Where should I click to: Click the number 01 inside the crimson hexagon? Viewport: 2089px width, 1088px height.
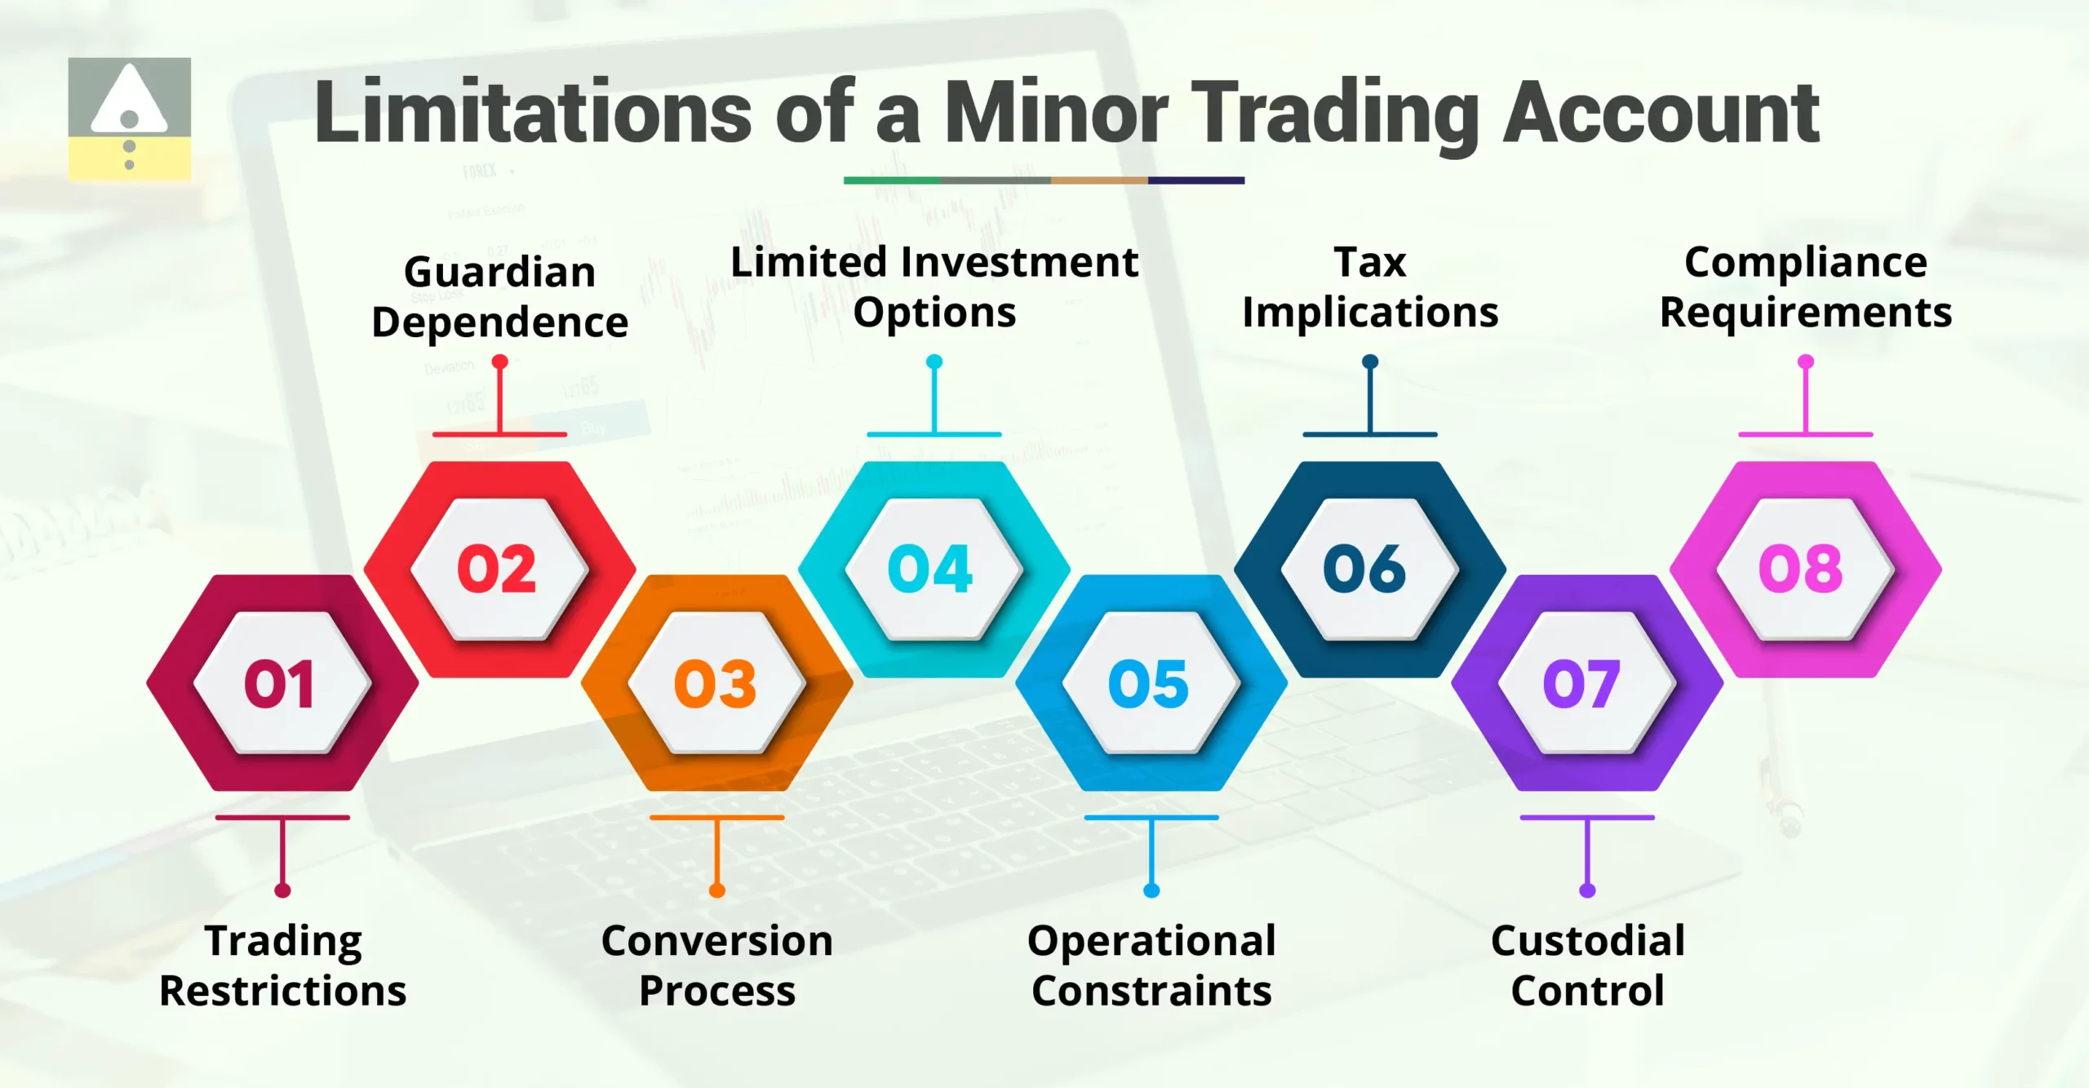coord(279,683)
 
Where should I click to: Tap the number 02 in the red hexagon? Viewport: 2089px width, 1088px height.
coord(497,569)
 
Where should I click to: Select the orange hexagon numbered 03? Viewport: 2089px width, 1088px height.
coord(716,683)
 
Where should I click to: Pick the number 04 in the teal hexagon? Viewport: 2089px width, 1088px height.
coord(930,569)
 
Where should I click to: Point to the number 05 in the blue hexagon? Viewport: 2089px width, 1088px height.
coord(1148,683)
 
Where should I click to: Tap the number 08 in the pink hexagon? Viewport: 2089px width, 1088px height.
coord(1801,569)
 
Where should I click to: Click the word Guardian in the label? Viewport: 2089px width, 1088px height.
coord(499,272)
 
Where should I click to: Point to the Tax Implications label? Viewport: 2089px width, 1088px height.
coord(1370,287)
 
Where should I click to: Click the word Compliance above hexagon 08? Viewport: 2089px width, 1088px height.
coord(1806,263)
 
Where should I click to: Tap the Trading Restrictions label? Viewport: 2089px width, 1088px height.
coord(282,966)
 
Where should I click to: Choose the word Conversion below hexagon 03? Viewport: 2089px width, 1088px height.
coord(716,941)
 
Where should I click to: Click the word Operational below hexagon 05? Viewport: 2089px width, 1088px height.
coord(1151,941)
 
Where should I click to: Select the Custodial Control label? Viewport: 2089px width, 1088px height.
coord(1587,966)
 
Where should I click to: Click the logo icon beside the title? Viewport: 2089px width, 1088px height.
coord(129,118)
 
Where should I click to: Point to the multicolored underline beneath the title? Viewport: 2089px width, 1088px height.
coord(1044,180)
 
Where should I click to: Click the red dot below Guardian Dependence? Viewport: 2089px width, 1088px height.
coord(500,362)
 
